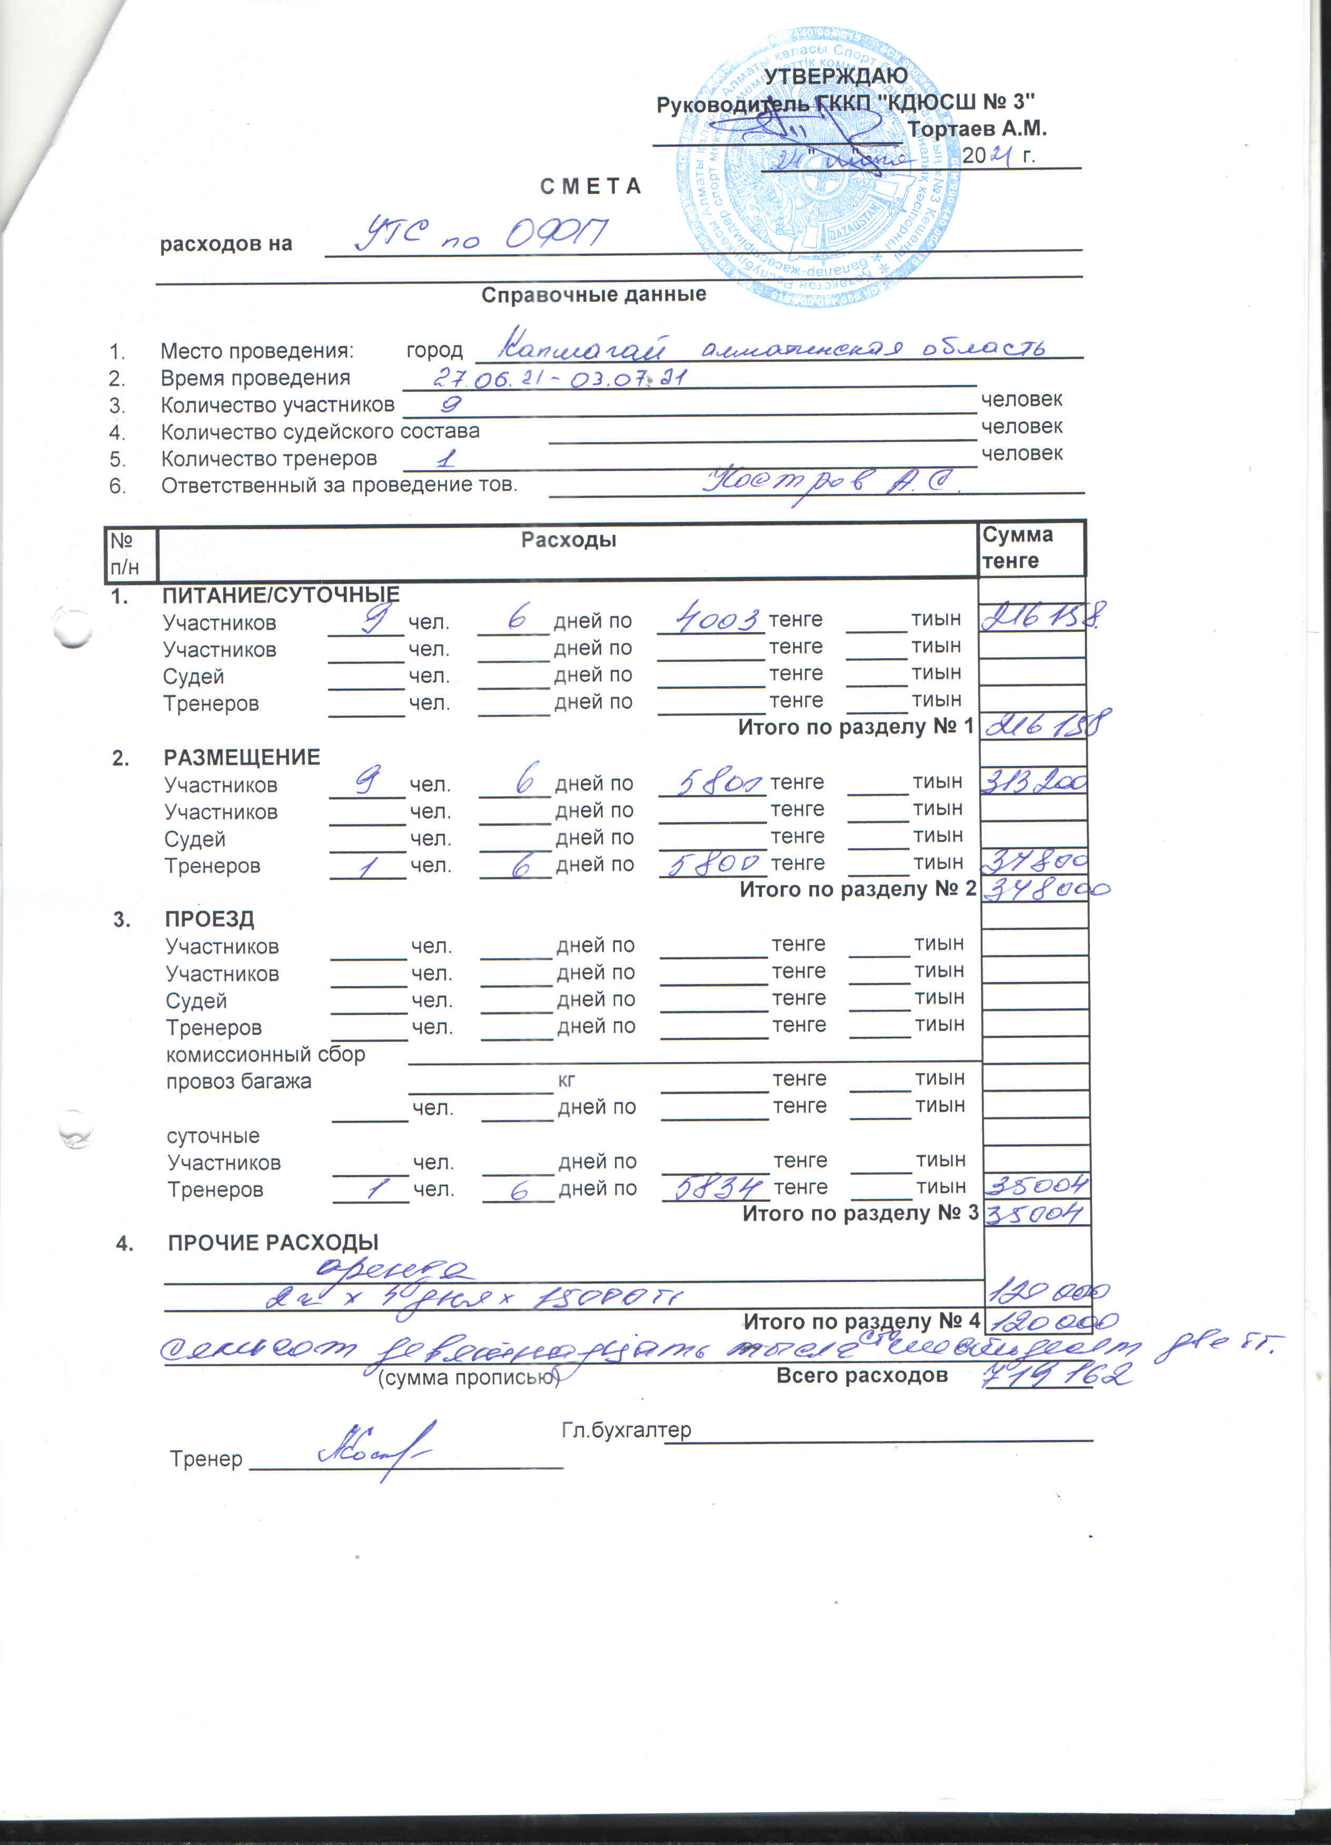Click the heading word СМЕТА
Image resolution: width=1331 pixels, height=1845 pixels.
click(x=591, y=186)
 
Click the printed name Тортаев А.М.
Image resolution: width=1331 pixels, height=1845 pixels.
click(x=976, y=128)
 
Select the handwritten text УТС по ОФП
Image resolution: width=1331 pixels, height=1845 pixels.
click(x=480, y=234)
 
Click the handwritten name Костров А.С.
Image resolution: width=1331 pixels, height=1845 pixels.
click(x=830, y=483)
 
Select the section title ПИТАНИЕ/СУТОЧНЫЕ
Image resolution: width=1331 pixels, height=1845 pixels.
click(x=281, y=596)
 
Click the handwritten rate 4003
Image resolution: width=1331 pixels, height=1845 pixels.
click(x=709, y=620)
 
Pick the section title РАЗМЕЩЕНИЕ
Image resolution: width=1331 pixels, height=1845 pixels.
click(x=242, y=757)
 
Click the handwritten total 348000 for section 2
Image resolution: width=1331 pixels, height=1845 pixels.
click(x=1046, y=888)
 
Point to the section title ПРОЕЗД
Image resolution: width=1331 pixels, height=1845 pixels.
click(x=210, y=919)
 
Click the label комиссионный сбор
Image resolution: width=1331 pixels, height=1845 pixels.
click(x=265, y=1054)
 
